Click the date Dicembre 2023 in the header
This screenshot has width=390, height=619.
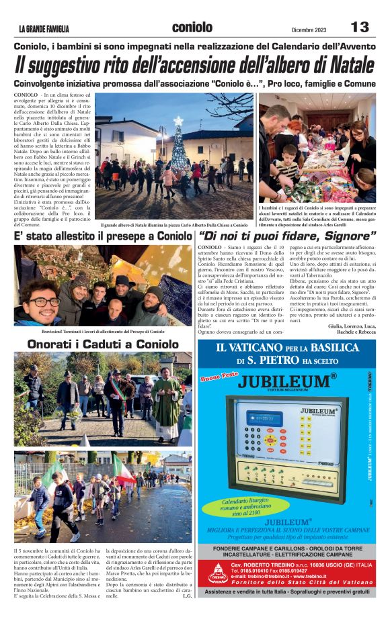click(309, 29)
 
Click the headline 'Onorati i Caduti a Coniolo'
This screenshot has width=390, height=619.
click(103, 344)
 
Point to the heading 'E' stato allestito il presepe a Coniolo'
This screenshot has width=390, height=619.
click(103, 237)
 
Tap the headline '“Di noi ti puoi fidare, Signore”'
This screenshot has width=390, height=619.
click(287, 236)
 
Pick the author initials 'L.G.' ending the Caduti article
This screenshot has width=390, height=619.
click(187, 596)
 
